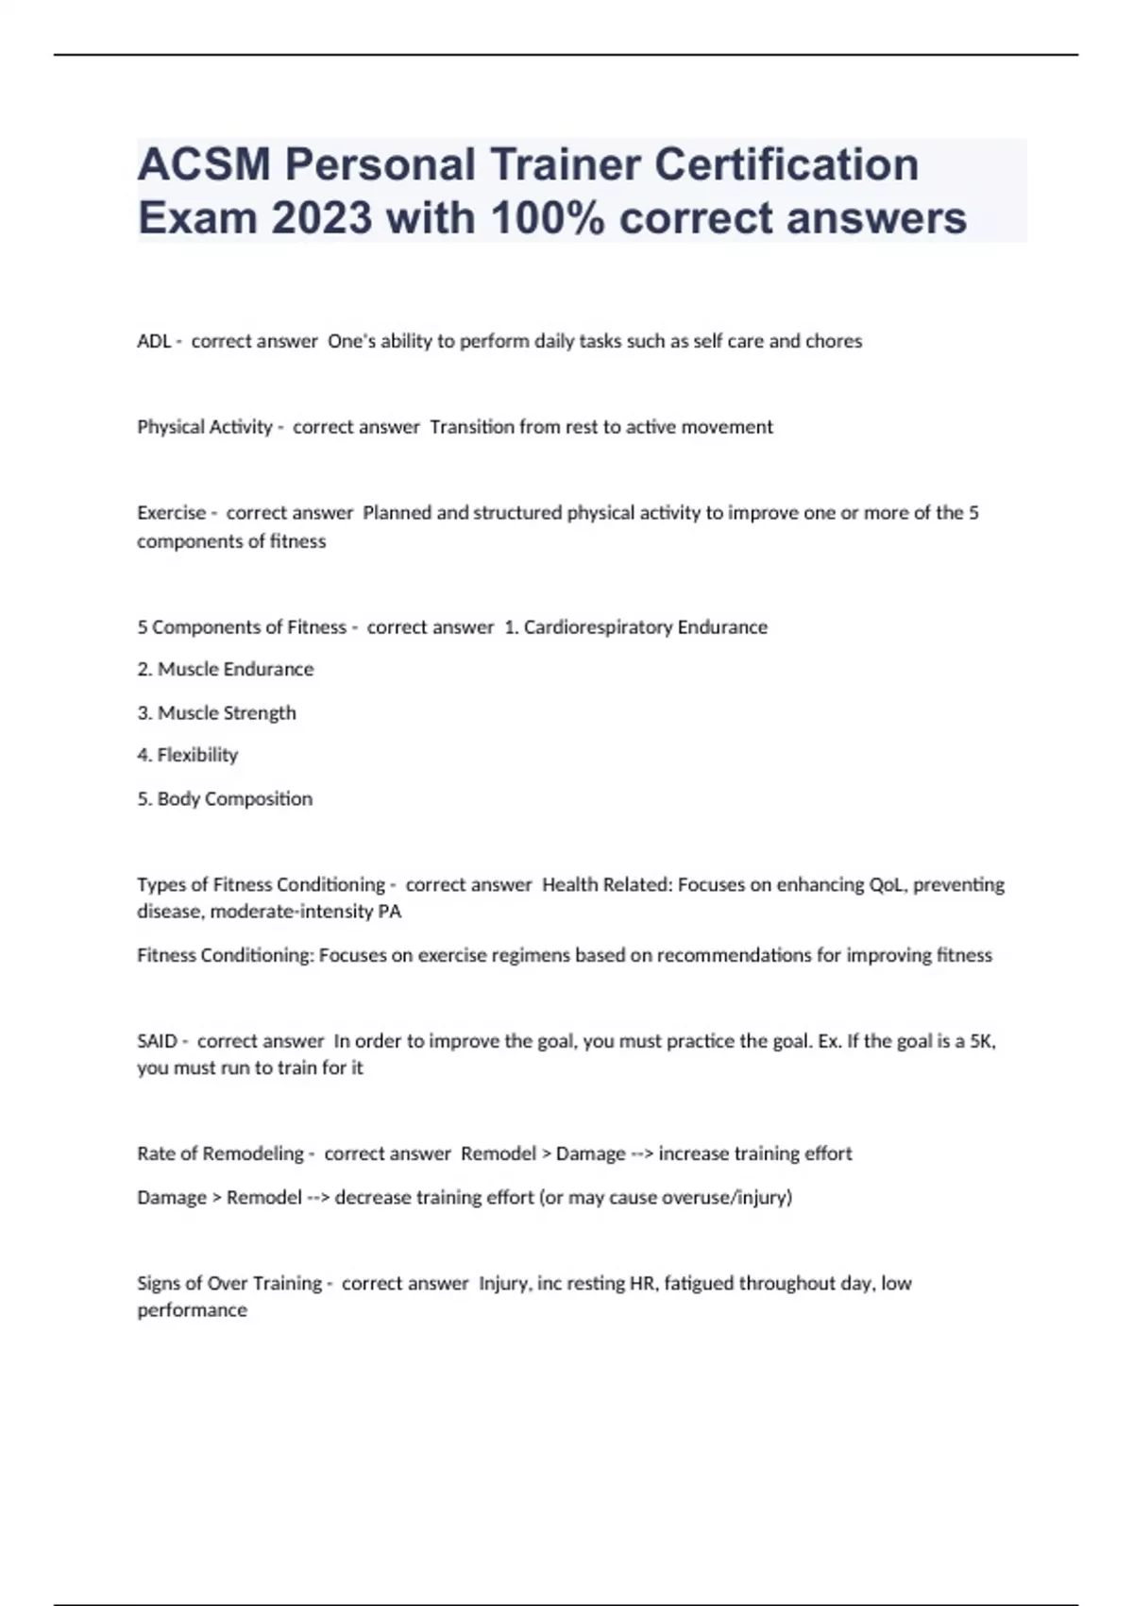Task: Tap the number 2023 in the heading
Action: pyautogui.click(x=321, y=218)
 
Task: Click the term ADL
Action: pyautogui.click(x=154, y=341)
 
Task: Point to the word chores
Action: pyautogui.click(x=834, y=341)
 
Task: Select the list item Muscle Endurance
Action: pyautogui.click(x=235, y=669)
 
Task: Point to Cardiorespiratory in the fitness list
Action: pyautogui.click(x=596, y=627)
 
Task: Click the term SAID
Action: pyautogui.click(x=157, y=1041)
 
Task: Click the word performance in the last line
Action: pyautogui.click(x=192, y=1310)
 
